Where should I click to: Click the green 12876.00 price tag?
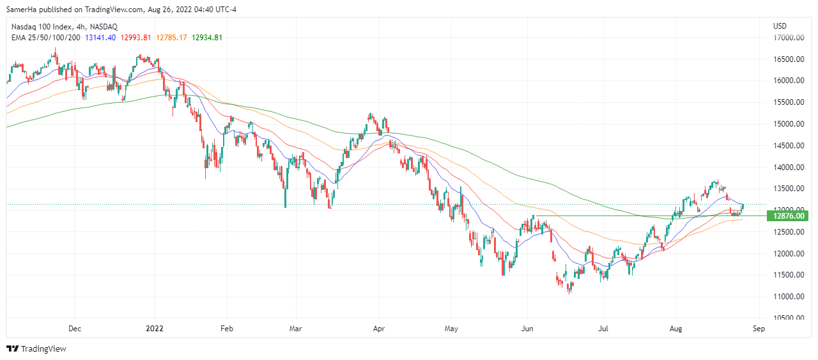tap(789, 216)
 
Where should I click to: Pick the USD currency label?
tap(780, 26)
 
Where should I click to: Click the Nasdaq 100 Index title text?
tap(38, 26)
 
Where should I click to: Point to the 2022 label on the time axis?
tap(156, 329)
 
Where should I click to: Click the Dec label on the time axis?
tap(74, 329)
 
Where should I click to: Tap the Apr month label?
tap(379, 329)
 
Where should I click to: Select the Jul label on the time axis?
tap(603, 329)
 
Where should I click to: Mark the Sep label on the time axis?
tap(759, 329)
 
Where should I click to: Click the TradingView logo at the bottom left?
tap(36, 349)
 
